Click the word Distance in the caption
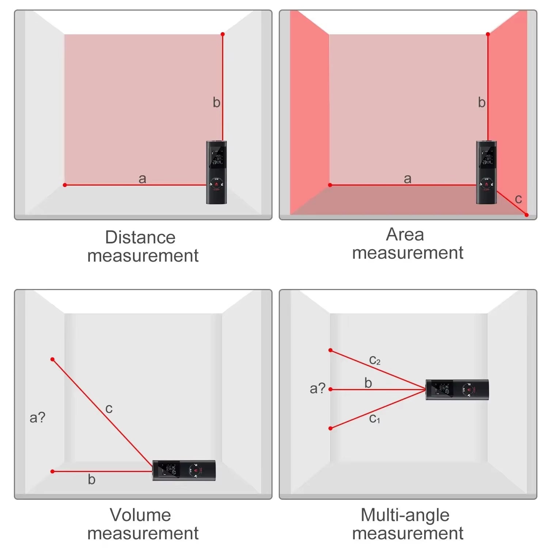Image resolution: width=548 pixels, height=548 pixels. pyautogui.click(x=140, y=237)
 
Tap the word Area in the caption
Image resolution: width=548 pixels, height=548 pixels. pyautogui.click(x=405, y=235)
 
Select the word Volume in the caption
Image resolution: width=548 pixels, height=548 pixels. pyautogui.click(x=140, y=515)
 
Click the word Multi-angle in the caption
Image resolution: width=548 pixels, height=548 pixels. pyautogui.click(x=405, y=515)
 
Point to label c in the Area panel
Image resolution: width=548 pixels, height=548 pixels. pyautogui.click(x=518, y=199)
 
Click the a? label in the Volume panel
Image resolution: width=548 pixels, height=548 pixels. pyautogui.click(x=37, y=417)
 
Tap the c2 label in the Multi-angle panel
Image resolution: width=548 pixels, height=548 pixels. pyautogui.click(x=375, y=360)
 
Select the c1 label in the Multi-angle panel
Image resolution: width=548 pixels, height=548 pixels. pyautogui.click(x=374, y=418)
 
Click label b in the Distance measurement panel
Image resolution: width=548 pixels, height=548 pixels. pyautogui.click(x=216, y=102)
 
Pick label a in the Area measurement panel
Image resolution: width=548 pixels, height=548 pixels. pyautogui.click(x=407, y=179)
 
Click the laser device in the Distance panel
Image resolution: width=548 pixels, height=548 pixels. pyautogui.click(x=216, y=172)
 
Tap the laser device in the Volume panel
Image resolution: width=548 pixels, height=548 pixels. pyautogui.click(x=184, y=471)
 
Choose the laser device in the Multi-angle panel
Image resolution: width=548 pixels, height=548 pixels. pyautogui.click(x=457, y=390)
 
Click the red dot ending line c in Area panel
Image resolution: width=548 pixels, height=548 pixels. pyautogui.click(x=526, y=215)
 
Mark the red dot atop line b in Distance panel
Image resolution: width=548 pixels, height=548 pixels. pyautogui.click(x=222, y=34)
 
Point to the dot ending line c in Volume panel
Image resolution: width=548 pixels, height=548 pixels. pyautogui.click(x=53, y=359)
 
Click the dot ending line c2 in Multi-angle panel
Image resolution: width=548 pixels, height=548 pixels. pyautogui.click(x=330, y=350)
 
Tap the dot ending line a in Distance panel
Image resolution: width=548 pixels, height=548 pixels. pyautogui.click(x=65, y=185)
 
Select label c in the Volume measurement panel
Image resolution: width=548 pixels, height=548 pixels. pyautogui.click(x=109, y=408)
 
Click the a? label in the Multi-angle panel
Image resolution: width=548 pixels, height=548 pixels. pyautogui.click(x=317, y=388)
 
